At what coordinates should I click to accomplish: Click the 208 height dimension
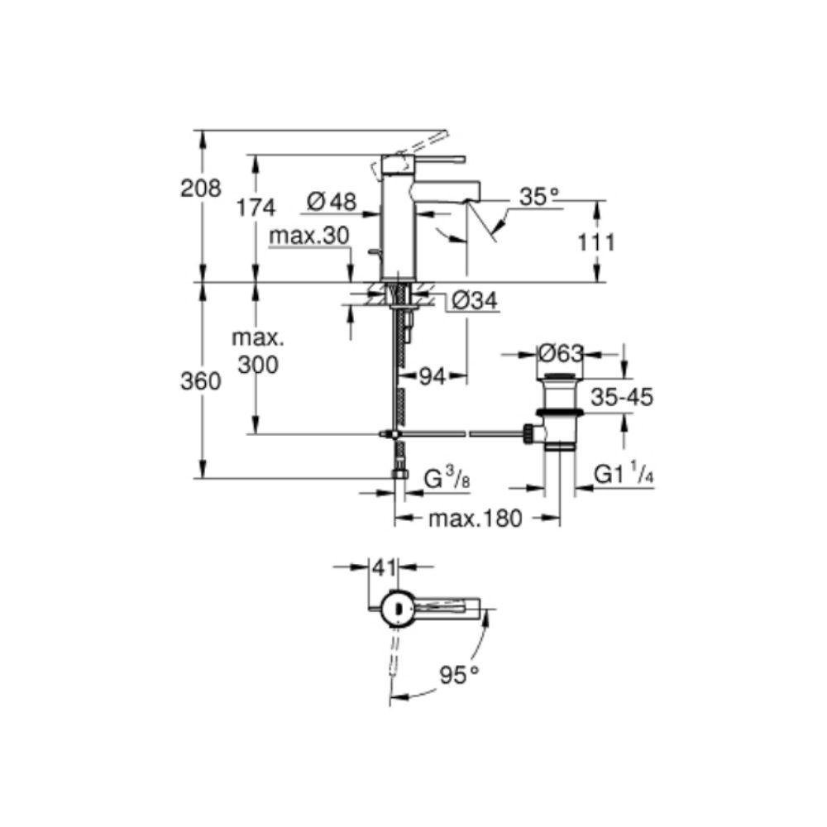(x=200, y=189)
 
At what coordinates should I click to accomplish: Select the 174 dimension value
(x=256, y=208)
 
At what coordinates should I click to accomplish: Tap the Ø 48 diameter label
(x=332, y=201)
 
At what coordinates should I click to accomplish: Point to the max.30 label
(x=309, y=236)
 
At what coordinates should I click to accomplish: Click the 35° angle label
(x=539, y=197)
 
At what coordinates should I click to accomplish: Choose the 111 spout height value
(x=596, y=242)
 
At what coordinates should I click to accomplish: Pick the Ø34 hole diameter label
(x=475, y=301)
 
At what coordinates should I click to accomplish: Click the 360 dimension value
(x=200, y=380)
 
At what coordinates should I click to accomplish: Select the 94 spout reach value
(x=432, y=376)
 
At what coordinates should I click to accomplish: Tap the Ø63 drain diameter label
(x=561, y=353)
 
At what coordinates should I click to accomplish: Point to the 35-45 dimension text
(x=622, y=397)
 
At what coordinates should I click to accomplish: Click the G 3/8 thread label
(x=447, y=479)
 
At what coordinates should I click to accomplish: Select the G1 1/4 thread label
(x=624, y=476)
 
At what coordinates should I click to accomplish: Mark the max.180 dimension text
(x=476, y=519)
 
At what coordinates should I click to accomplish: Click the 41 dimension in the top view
(x=384, y=567)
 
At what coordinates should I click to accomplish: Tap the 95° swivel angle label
(x=460, y=675)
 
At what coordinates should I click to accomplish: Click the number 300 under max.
(x=257, y=364)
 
